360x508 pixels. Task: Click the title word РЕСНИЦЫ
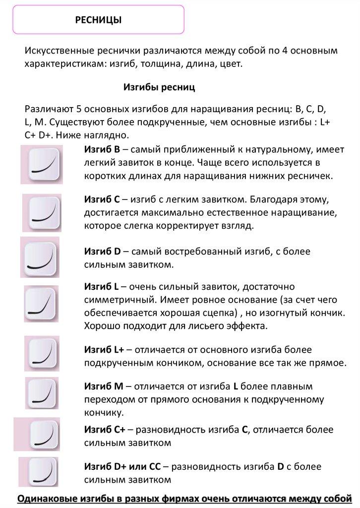coord(98,19)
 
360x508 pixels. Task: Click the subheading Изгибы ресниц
coord(159,87)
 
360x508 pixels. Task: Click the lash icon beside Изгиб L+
coord(42,351)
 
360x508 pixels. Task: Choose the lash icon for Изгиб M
coord(42,393)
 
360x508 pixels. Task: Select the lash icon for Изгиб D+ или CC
coord(42,472)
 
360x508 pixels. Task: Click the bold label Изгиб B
coord(102,149)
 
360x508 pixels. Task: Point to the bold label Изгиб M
coord(103,386)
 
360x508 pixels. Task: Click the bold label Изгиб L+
coord(105,350)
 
